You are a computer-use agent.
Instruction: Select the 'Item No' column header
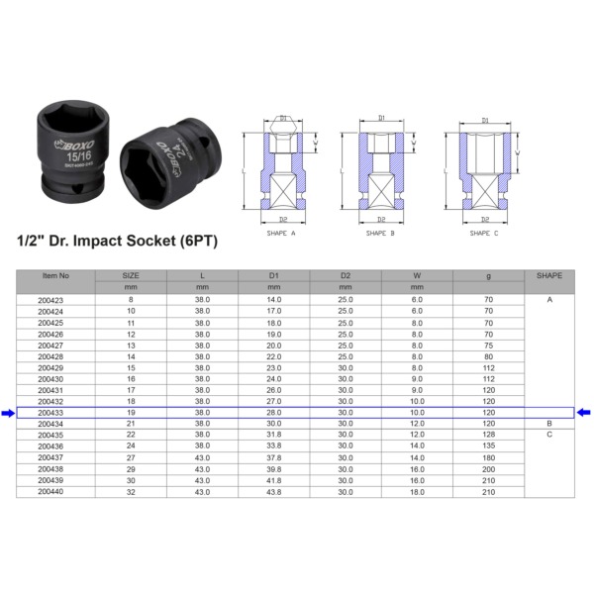pyautogui.click(x=55, y=274)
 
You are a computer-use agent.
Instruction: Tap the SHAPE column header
pyautogui.click(x=548, y=274)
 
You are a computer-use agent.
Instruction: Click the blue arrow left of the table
pyautogui.click(x=8, y=413)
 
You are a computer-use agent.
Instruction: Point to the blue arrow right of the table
pyautogui.click(x=584, y=413)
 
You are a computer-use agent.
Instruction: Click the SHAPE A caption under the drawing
pyautogui.click(x=282, y=233)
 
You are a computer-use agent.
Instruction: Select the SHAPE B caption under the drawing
pyautogui.click(x=380, y=233)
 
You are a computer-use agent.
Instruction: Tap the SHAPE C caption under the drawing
pyautogui.click(x=483, y=233)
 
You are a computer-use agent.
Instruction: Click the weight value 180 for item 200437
pyautogui.click(x=488, y=457)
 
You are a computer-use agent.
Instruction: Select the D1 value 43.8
pyautogui.click(x=274, y=491)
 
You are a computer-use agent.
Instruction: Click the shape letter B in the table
pyautogui.click(x=548, y=424)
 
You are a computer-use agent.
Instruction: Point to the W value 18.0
pyautogui.click(x=417, y=491)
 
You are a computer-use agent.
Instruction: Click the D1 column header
pyautogui.click(x=274, y=274)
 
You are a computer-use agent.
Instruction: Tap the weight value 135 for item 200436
pyautogui.click(x=488, y=446)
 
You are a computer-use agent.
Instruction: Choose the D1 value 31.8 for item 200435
pyautogui.click(x=274, y=436)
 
